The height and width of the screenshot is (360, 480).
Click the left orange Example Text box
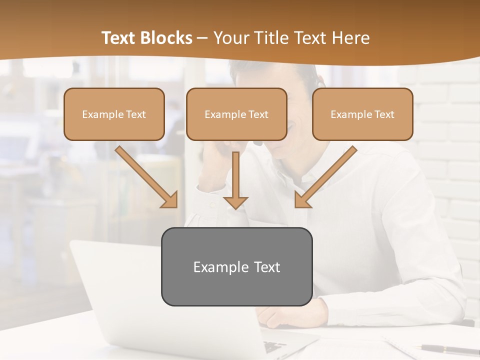click(114, 114)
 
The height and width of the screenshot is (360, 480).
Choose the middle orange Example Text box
click(236, 114)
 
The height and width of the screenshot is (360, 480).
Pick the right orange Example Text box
click(362, 114)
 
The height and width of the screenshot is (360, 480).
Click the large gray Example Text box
click(236, 266)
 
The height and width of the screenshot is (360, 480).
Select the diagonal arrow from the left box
click(147, 177)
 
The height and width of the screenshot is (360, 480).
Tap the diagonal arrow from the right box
click(325, 177)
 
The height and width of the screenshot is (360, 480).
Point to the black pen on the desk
click(448, 349)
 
